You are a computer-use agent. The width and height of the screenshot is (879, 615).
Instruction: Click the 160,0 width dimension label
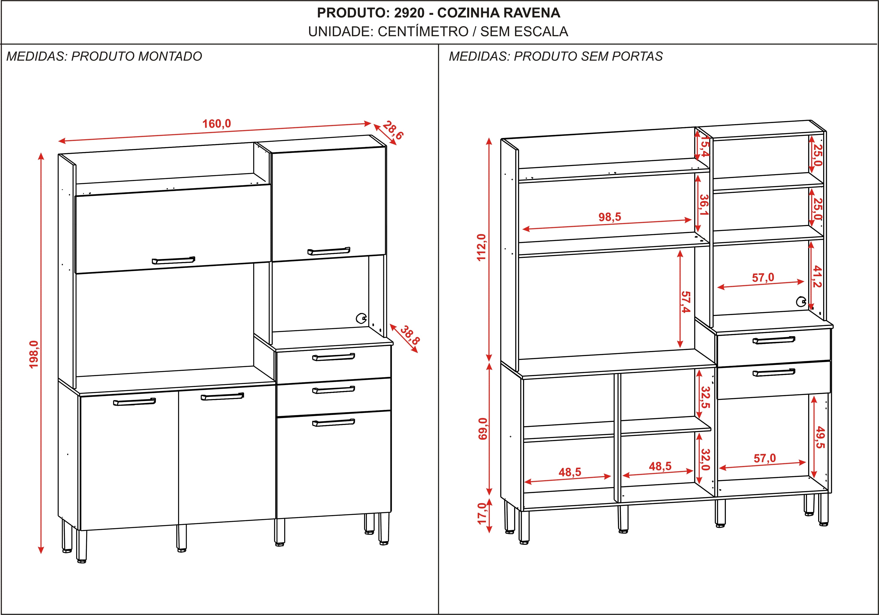point(216,124)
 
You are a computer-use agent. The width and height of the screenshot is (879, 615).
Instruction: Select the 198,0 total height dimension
point(34,354)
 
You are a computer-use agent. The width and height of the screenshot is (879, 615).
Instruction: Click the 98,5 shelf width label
point(609,217)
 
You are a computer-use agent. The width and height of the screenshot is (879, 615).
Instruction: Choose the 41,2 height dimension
point(817,276)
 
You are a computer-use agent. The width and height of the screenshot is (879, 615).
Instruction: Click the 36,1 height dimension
point(704,205)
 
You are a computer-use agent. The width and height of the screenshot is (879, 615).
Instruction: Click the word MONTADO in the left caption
point(170,56)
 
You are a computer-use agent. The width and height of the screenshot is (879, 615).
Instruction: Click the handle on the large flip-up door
point(173,260)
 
